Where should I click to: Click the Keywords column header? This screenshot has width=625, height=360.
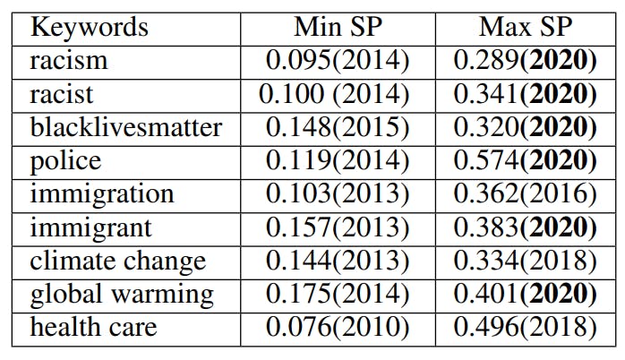tap(90, 26)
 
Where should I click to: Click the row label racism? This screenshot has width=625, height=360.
tap(69, 60)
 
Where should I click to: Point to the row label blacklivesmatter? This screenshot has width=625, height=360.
tap(126, 127)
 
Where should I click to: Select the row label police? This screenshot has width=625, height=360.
tap(66, 160)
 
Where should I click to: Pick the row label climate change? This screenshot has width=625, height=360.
tap(118, 261)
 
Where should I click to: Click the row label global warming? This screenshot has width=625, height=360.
tap(122, 294)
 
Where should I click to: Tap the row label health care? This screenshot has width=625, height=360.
tap(93, 327)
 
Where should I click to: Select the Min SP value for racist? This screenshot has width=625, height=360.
tap(334, 93)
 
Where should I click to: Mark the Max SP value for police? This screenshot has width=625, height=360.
tap(525, 160)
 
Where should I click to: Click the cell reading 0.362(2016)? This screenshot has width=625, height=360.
tap(525, 193)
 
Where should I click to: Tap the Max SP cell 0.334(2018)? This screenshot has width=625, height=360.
tap(525, 261)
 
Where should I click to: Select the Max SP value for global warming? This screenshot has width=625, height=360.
tap(525, 294)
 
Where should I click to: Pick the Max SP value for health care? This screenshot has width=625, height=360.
tap(525, 327)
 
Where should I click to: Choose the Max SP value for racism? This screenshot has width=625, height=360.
tap(525, 60)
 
